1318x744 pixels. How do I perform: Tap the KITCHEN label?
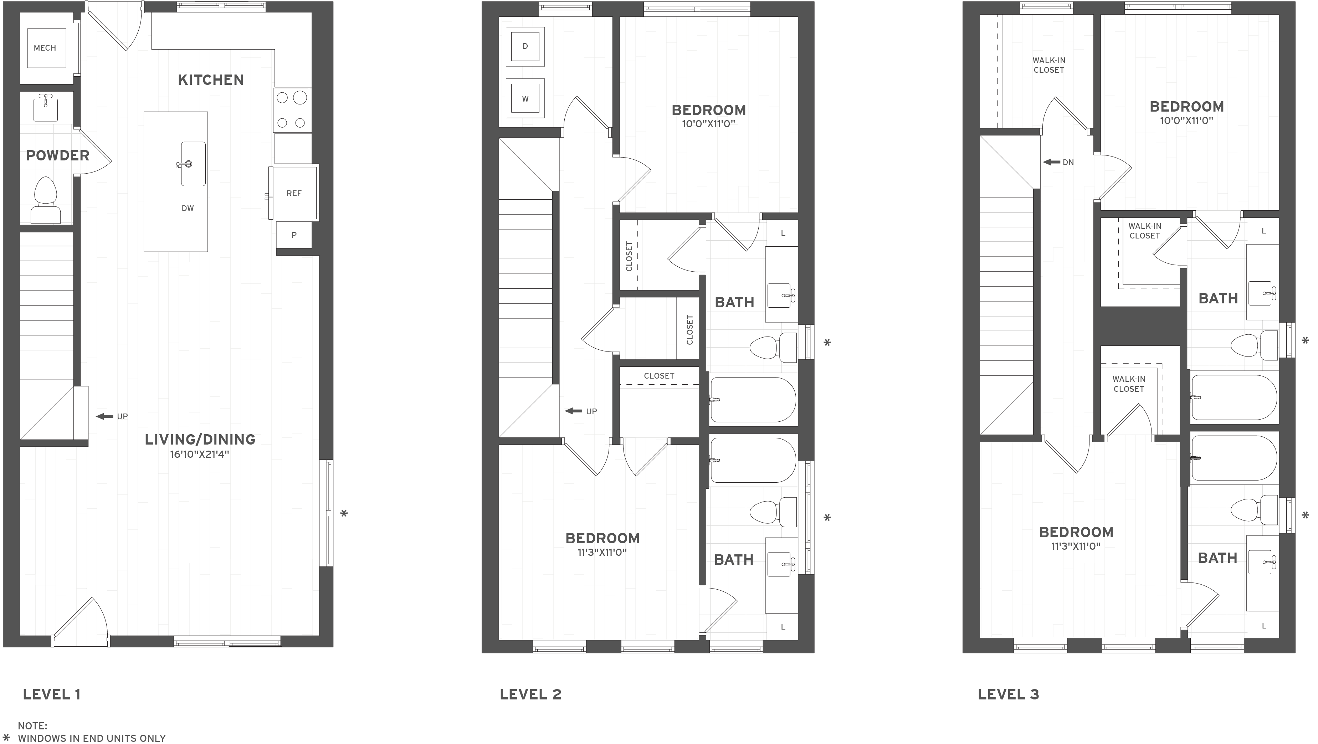[211, 80]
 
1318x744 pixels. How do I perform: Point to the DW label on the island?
[188, 208]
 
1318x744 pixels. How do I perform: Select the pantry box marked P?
[294, 235]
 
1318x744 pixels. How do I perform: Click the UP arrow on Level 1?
[105, 416]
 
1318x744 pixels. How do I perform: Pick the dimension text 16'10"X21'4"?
[200, 455]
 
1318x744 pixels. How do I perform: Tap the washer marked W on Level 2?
[525, 99]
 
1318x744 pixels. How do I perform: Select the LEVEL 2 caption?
[530, 694]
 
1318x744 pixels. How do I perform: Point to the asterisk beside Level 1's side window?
[344, 513]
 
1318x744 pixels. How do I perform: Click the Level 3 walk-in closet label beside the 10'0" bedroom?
[1144, 231]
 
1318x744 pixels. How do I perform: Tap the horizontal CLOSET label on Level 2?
[659, 376]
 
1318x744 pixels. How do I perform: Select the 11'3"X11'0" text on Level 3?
[1076, 547]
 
